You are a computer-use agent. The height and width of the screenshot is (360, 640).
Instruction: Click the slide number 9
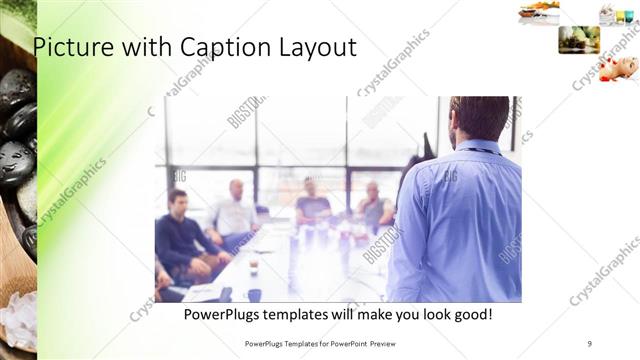(x=589, y=343)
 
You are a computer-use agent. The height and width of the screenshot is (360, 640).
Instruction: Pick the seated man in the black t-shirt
(x=312, y=203)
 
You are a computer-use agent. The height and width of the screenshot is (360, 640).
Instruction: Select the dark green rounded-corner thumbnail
(x=579, y=40)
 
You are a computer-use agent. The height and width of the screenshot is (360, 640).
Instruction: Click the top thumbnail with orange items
(x=539, y=12)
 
